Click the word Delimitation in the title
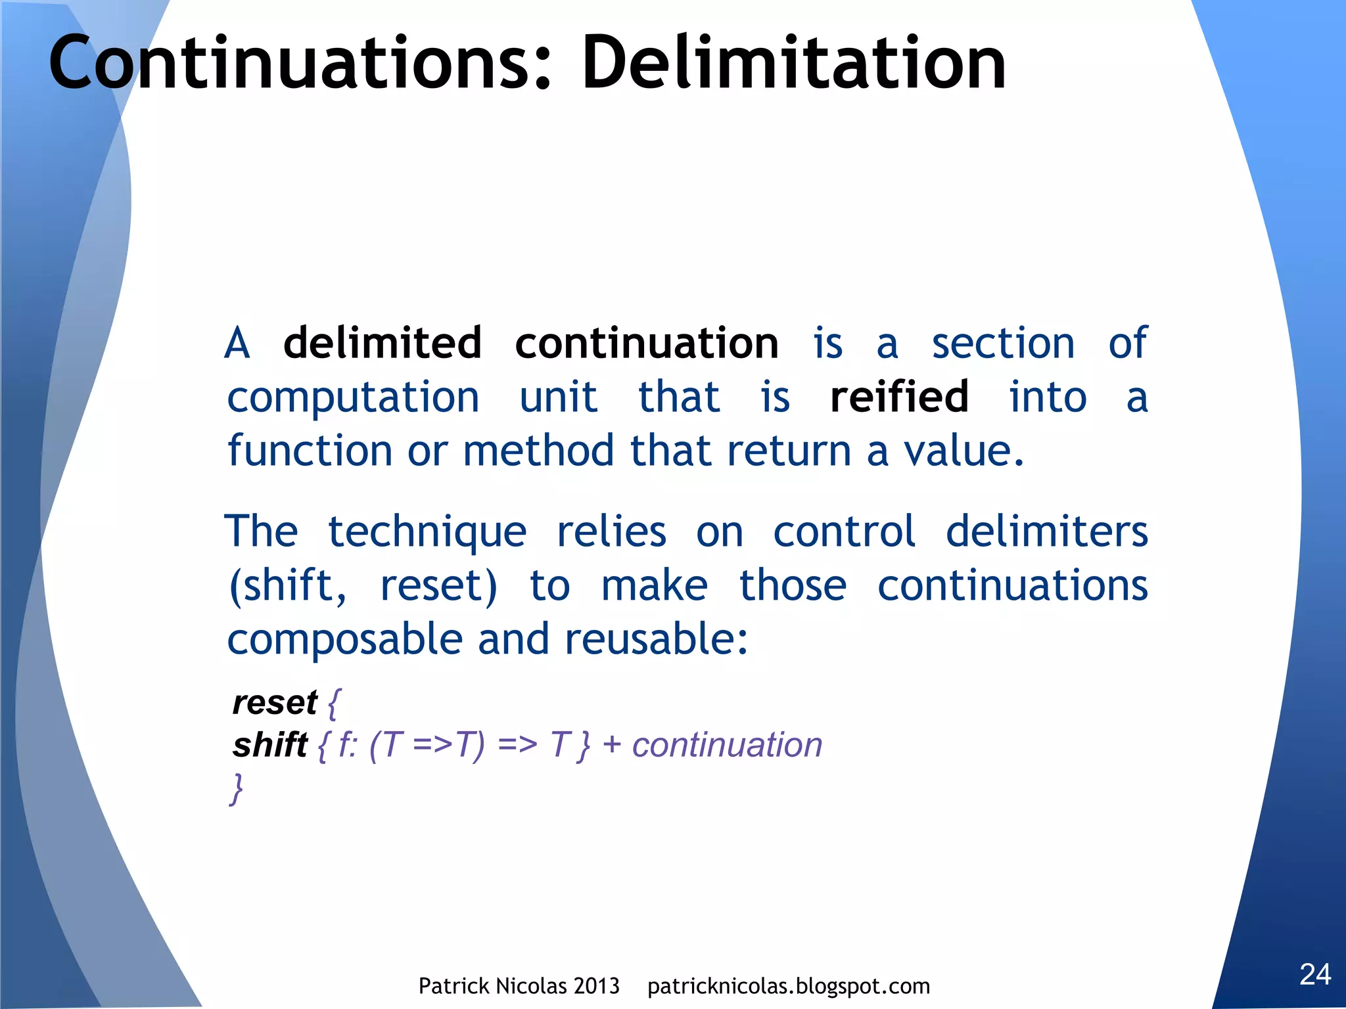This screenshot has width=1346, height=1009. coord(793,63)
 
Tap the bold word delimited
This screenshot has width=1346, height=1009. coord(383,343)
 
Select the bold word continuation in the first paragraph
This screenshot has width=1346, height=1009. coord(647,343)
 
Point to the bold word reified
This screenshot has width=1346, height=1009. coord(899,397)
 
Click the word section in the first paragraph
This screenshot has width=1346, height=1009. coord(1003,343)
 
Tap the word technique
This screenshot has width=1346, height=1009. coord(427,531)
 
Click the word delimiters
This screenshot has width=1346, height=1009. coord(1046,531)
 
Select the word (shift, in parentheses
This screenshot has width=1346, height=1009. coord(287,585)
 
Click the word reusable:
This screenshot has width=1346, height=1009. coord(656,639)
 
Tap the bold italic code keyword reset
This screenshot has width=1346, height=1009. coord(275,702)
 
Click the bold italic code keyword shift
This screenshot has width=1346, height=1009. coord(269,745)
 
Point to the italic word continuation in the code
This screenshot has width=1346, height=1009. coord(727,745)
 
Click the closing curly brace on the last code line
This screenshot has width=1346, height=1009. coord(237,788)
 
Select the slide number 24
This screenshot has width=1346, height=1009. coord(1315,974)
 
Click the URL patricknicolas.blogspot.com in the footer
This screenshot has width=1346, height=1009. coord(789,986)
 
